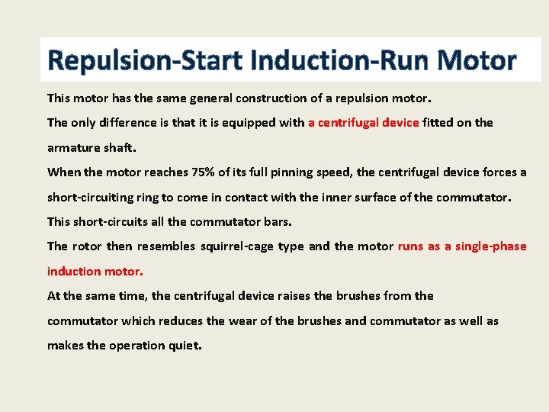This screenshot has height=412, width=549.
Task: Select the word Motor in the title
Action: click(473, 60)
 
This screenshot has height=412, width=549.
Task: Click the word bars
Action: click(276, 221)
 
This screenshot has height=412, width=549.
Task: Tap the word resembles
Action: click(172, 246)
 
